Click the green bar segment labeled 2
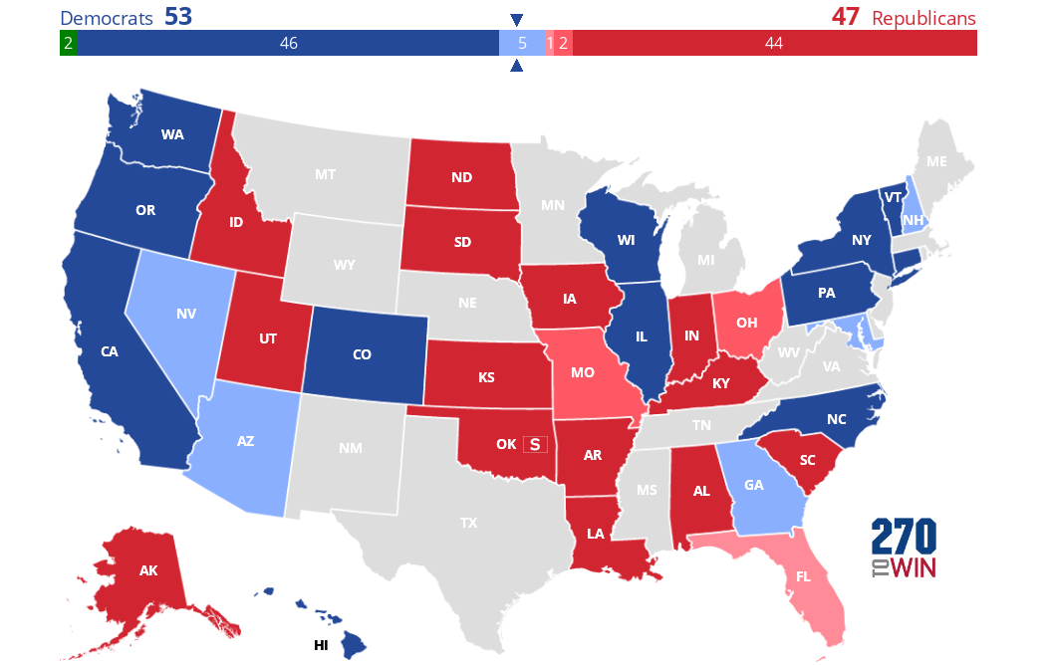(x=68, y=43)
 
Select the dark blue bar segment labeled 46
(x=289, y=43)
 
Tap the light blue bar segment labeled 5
(x=522, y=43)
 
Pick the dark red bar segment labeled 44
(x=774, y=43)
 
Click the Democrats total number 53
(x=178, y=17)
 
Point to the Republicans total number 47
(x=845, y=17)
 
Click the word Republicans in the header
(x=923, y=18)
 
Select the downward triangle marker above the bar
(x=516, y=20)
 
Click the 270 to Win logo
(x=904, y=549)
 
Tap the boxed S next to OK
(x=535, y=444)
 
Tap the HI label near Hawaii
(x=321, y=645)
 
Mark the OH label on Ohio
(x=748, y=323)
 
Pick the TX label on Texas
(x=469, y=522)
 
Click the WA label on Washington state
(x=170, y=133)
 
